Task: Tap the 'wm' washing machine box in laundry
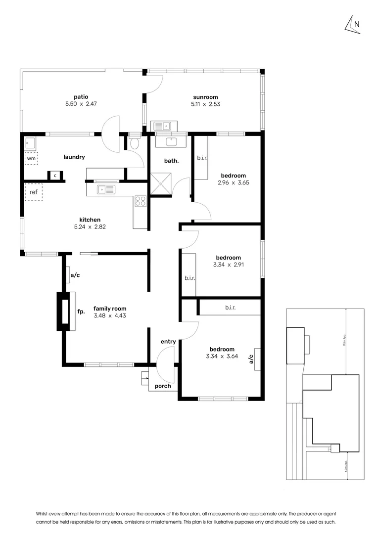(x=31, y=159)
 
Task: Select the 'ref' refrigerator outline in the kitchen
(x=34, y=192)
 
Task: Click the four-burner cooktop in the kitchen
(x=141, y=201)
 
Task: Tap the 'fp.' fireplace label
(x=81, y=312)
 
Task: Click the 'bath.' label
(x=171, y=161)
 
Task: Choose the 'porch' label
(x=163, y=386)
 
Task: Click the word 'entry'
(x=168, y=342)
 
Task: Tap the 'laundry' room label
(x=74, y=157)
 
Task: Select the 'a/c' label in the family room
(x=75, y=275)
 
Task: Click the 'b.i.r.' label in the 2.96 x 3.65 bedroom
(x=202, y=158)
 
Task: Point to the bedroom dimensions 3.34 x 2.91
(x=228, y=265)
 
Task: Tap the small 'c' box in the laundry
(x=54, y=176)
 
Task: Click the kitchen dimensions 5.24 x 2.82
(x=90, y=227)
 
